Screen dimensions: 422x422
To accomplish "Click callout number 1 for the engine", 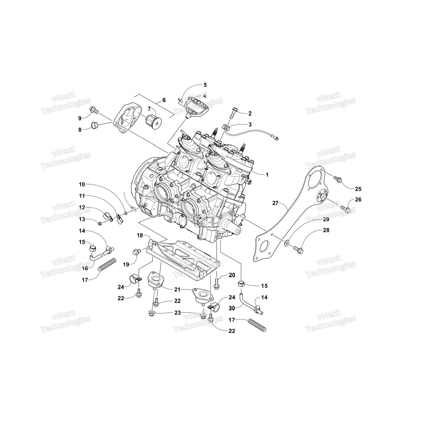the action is pyautogui.click(x=267, y=175).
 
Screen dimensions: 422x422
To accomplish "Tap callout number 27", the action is pyautogui.click(x=275, y=203).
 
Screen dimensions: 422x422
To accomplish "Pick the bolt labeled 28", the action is pyautogui.click(x=297, y=249).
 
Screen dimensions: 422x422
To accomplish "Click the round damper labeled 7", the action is pyautogui.click(x=152, y=121).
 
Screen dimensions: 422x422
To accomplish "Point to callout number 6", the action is pyautogui.click(x=164, y=100).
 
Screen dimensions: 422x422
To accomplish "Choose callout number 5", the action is pyautogui.click(x=205, y=85).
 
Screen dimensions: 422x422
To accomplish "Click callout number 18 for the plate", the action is pyautogui.click(x=140, y=235).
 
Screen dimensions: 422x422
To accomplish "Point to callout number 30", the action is pyautogui.click(x=232, y=308).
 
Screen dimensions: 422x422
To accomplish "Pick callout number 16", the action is pyautogui.click(x=85, y=268).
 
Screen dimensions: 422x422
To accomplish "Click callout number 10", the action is pyautogui.click(x=82, y=184).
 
